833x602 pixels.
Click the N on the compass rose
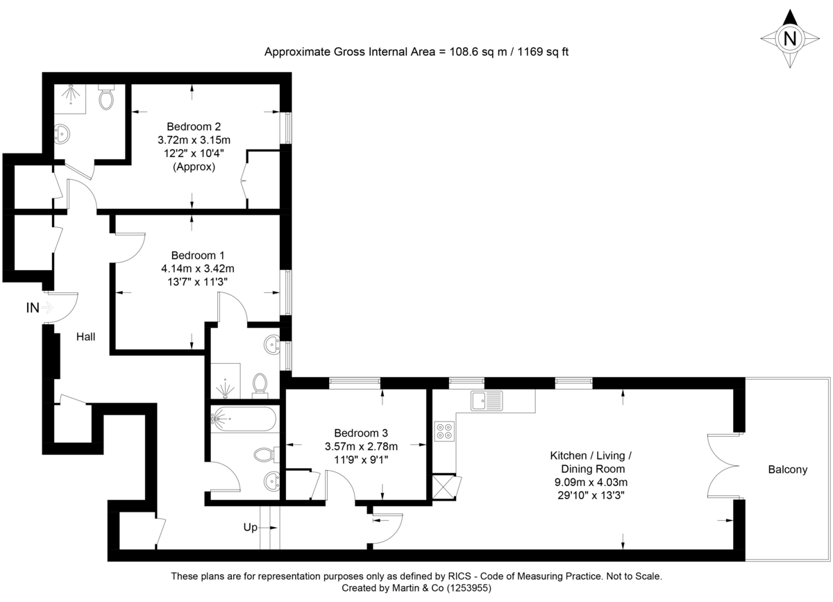[x=789, y=38]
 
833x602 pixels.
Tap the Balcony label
[x=787, y=469]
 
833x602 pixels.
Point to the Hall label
[x=86, y=337]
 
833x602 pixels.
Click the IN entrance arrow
[x=47, y=308]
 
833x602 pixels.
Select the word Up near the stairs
[x=251, y=528]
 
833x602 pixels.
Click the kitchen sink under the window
[x=486, y=400]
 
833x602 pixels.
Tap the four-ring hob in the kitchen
[x=444, y=431]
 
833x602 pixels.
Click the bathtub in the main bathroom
[x=244, y=419]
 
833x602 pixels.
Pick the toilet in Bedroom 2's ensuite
[x=106, y=99]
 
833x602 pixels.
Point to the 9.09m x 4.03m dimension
[x=590, y=482]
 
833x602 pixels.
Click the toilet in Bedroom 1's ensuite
[x=261, y=383]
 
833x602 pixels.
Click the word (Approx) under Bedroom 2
[x=194, y=167]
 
